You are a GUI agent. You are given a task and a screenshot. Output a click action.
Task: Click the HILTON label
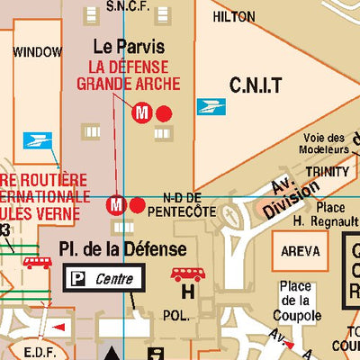(x=233, y=17)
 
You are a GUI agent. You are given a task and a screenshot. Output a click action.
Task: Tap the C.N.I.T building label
(x=256, y=85)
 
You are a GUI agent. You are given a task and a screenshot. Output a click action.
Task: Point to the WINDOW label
(x=37, y=52)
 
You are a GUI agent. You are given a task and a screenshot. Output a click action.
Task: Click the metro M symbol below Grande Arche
(x=141, y=113)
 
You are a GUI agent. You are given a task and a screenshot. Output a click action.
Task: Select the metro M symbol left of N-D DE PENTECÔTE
(x=116, y=205)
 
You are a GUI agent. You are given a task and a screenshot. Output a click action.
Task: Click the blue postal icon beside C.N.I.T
(x=211, y=106)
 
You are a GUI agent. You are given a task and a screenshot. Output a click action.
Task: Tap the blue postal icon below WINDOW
(x=37, y=140)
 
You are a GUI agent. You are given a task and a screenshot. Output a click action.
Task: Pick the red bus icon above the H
(x=187, y=274)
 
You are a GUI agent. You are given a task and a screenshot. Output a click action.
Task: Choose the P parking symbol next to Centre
(x=79, y=279)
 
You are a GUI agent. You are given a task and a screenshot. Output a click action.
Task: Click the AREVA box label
(x=300, y=251)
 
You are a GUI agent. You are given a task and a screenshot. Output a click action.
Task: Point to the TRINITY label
(x=327, y=171)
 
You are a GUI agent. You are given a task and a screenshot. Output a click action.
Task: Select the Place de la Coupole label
(x=299, y=301)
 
